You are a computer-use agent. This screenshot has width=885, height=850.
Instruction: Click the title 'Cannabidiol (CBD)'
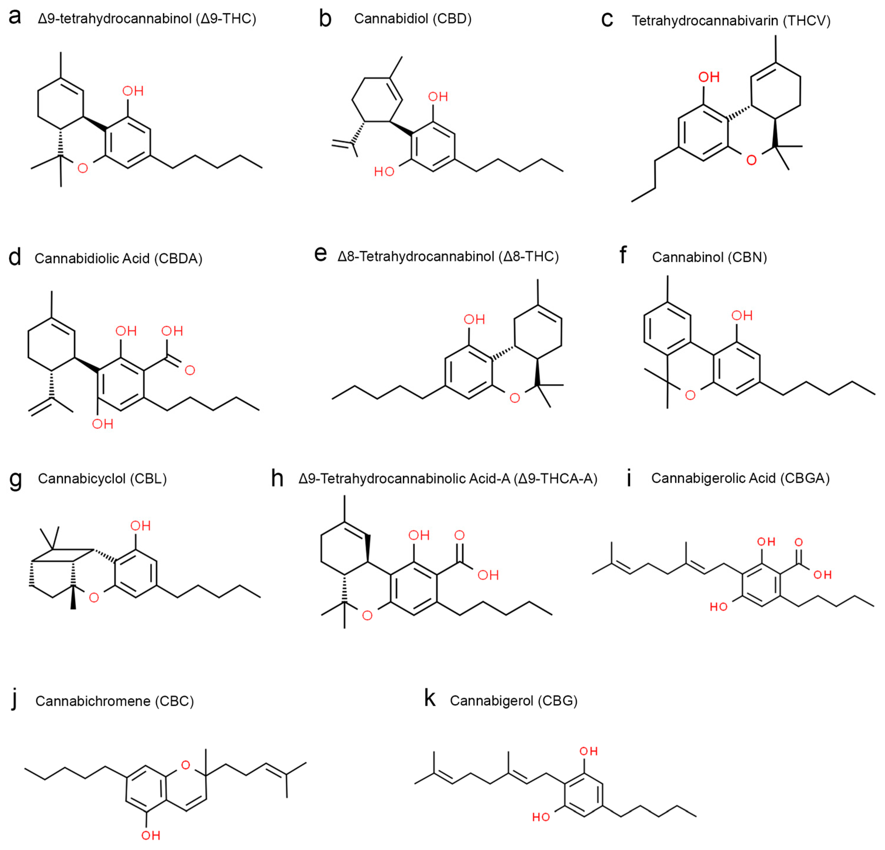[x=412, y=19]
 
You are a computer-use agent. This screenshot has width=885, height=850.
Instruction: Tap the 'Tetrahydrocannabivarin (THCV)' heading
[x=730, y=21]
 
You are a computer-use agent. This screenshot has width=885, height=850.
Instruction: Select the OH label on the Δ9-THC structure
[x=133, y=91]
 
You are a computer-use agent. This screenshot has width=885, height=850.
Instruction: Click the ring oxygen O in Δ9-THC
[x=83, y=168]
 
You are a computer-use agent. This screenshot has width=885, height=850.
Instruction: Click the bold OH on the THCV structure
[x=709, y=77]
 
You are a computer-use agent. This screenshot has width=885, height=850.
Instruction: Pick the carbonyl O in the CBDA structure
[x=190, y=370]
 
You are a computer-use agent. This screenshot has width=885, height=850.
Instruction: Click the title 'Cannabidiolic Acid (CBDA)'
[x=118, y=258]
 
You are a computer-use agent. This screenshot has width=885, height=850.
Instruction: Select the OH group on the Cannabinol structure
[x=742, y=315]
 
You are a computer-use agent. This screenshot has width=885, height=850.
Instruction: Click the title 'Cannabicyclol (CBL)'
[x=102, y=479]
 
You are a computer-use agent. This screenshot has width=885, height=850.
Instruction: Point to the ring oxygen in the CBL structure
[x=94, y=598]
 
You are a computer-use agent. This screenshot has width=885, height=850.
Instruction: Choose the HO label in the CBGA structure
[x=718, y=607]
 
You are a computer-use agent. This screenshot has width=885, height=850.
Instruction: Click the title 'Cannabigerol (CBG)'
[x=513, y=701]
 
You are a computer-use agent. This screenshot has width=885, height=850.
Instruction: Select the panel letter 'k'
[x=430, y=699]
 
